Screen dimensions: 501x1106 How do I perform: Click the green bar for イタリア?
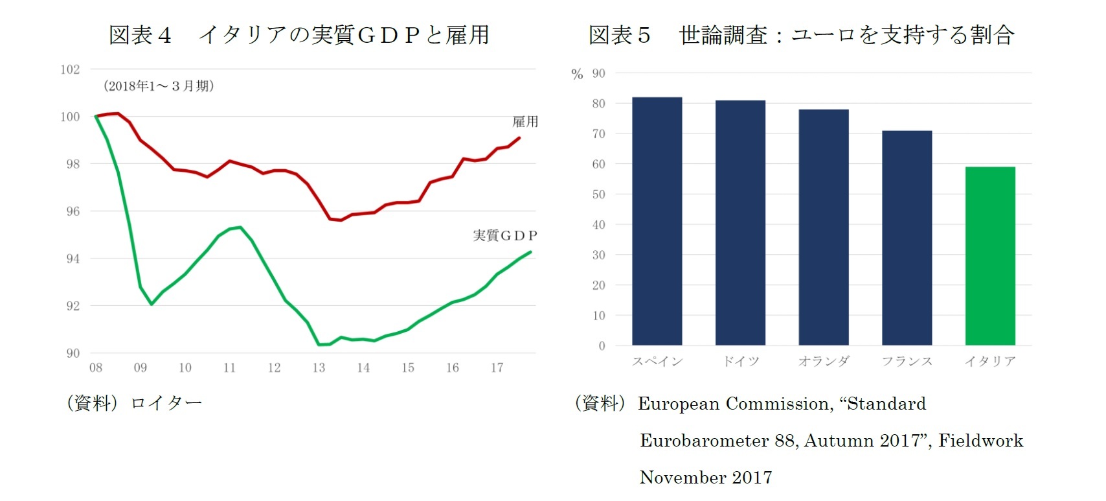point(989,256)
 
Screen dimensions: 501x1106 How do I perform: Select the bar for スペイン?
point(657,221)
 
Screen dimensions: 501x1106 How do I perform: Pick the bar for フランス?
point(907,238)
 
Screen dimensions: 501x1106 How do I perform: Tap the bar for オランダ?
point(823,227)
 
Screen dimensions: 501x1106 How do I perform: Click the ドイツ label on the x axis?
point(741,362)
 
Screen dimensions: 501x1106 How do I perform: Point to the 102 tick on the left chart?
point(70,69)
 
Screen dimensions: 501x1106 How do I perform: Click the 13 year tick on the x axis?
point(319,368)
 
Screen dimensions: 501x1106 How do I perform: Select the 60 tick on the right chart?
point(598,165)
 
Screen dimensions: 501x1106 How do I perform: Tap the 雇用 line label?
point(525,122)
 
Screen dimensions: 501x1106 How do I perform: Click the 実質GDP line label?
point(504,235)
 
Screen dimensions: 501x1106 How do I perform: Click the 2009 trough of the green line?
point(152,304)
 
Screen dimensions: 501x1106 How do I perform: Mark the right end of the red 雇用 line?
point(519,137)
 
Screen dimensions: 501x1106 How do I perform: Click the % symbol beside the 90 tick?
point(577,75)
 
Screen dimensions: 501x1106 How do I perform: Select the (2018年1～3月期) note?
point(159,86)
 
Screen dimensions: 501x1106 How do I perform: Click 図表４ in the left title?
point(140,35)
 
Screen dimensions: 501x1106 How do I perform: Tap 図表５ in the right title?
point(619,35)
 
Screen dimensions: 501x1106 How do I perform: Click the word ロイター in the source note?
point(166,403)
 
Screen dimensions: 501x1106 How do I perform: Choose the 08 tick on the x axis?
point(96,368)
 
